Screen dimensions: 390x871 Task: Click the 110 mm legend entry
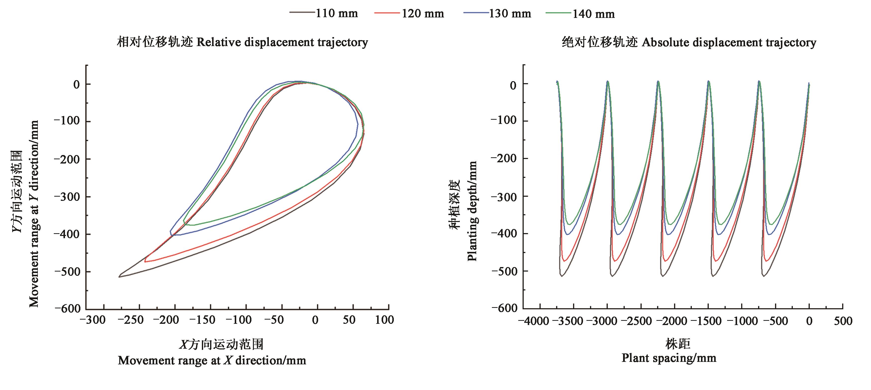[x=337, y=13]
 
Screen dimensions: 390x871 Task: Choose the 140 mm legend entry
[x=593, y=14]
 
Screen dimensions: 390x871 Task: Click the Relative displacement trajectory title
[x=242, y=42]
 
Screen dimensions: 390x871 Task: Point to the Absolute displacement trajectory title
[x=689, y=43]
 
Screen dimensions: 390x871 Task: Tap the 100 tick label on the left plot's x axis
[x=384, y=320]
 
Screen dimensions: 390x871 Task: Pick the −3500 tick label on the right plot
[x=568, y=321]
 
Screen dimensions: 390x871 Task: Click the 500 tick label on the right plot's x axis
[x=843, y=321]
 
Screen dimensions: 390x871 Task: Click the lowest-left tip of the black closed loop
[x=119, y=277]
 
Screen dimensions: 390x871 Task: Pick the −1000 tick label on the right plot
[x=742, y=321]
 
